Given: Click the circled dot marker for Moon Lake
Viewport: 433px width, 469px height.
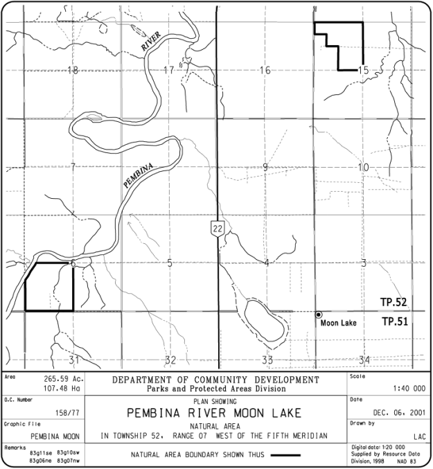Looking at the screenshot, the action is coord(319,315).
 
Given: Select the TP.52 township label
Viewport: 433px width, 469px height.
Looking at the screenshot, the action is coord(393,303).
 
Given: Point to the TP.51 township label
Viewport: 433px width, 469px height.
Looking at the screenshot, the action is coord(393,322).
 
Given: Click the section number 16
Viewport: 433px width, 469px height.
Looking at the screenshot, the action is coord(265,70).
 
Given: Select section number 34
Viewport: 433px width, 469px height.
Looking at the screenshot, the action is coord(364,360).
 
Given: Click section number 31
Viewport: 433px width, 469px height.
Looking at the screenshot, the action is coord(74,360).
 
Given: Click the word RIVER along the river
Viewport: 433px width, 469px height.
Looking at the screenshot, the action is coord(151,42).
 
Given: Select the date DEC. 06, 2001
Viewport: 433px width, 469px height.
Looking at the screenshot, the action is coord(400,411).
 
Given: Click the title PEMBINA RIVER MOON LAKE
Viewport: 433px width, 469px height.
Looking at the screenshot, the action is coord(215,414).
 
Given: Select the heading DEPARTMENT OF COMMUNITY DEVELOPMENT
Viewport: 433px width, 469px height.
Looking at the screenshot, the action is coord(215,380).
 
